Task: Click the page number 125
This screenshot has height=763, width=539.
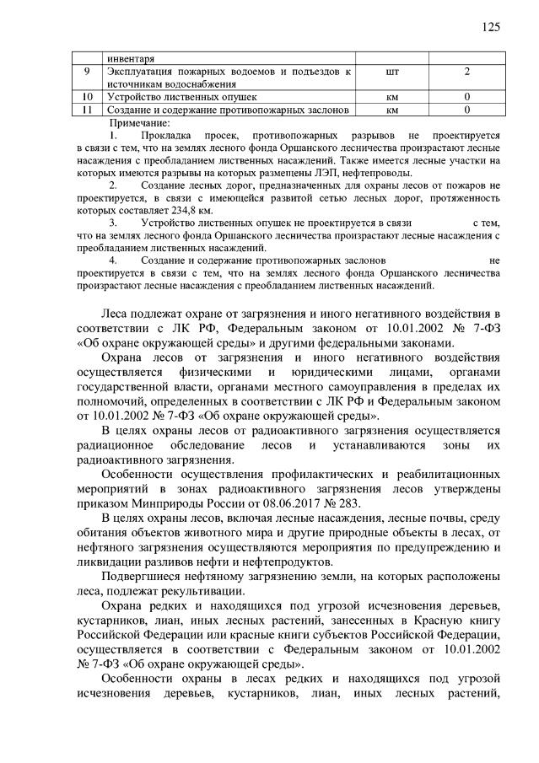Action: (491, 26)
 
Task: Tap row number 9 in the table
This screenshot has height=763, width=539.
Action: (87, 72)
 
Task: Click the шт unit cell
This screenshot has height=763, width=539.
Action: (391, 72)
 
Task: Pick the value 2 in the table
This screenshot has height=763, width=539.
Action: (466, 72)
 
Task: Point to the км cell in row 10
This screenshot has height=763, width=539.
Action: (391, 98)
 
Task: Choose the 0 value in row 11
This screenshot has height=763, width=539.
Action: (466, 110)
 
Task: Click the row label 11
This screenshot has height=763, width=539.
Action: (87, 110)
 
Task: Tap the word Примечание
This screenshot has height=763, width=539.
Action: (139, 123)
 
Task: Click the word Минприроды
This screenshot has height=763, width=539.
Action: (175, 505)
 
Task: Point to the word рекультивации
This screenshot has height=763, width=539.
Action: (195, 593)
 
